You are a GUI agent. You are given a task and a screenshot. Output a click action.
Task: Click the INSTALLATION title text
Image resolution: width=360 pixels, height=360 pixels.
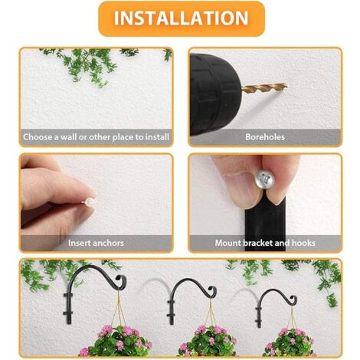[x=181, y=18]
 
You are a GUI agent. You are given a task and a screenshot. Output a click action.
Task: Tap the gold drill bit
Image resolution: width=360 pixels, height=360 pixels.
[x=264, y=88]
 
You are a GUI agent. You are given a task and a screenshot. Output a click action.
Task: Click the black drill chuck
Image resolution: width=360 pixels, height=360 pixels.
[x=215, y=94]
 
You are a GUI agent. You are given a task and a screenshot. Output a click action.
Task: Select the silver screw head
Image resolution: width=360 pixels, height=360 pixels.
[x=266, y=179]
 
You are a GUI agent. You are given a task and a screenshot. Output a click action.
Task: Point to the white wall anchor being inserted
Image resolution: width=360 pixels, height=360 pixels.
[x=90, y=201]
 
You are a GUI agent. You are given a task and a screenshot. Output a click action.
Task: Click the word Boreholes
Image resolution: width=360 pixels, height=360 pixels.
[x=265, y=137]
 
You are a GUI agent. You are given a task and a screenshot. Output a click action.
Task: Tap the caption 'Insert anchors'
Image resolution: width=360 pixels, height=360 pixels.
[x=96, y=243]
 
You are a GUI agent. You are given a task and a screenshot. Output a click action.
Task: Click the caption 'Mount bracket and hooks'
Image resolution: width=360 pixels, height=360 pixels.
[x=265, y=243]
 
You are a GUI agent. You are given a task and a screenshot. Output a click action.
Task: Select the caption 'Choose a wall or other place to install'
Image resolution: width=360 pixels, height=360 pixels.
[x=96, y=137]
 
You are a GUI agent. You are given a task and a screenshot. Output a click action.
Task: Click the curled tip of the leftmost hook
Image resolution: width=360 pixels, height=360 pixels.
[x=121, y=281]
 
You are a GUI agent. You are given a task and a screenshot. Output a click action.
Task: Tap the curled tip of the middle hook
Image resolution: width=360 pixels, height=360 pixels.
[x=212, y=290]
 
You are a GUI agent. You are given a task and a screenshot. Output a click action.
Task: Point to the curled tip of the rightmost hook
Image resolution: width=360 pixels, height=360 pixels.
[x=293, y=299]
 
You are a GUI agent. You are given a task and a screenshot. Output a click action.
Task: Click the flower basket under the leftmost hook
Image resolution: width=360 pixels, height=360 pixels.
[x=116, y=341]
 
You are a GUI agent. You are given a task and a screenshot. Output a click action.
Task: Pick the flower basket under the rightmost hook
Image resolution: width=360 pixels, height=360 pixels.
[x=291, y=342]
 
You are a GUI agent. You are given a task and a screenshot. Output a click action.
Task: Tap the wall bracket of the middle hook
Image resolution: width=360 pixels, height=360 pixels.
[x=171, y=310]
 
